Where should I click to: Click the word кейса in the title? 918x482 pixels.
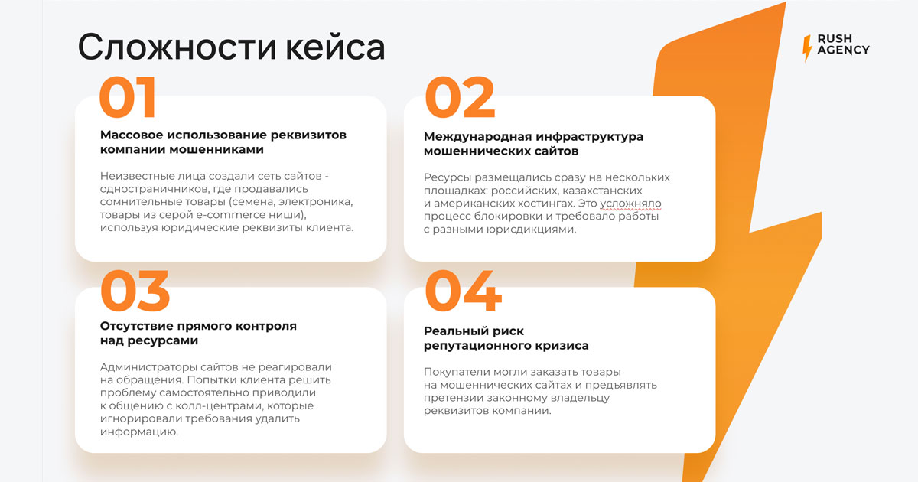[336, 47]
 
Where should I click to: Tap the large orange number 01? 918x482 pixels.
[128, 97]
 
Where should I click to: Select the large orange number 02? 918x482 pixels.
[461, 97]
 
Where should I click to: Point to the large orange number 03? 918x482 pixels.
[135, 291]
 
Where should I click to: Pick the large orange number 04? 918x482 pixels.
[464, 291]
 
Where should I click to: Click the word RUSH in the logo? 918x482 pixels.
[835, 38]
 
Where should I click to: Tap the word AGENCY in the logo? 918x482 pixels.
[843, 50]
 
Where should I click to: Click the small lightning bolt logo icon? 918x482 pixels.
[807, 48]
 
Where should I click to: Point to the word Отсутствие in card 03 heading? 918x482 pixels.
[136, 326]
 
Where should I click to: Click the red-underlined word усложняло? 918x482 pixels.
[630, 204]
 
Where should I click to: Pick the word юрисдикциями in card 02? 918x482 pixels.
[531, 230]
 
